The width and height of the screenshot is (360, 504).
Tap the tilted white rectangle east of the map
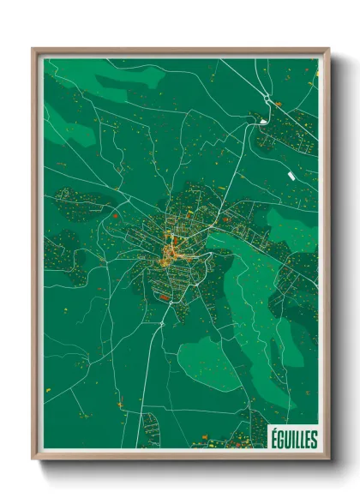[291, 175]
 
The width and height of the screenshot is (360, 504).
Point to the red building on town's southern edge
[163, 297]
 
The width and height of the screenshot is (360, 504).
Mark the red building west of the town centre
[114, 217]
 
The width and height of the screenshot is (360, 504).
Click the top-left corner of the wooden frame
[33, 49]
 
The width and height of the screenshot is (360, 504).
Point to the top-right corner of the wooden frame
[328, 49]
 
